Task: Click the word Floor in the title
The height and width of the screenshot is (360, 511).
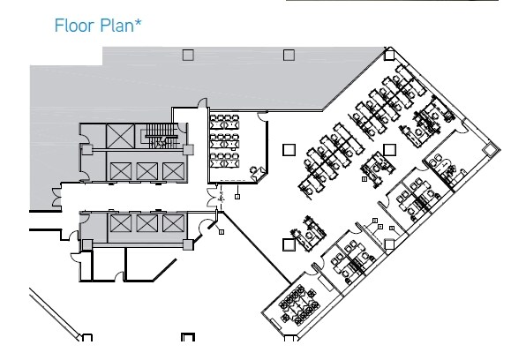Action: click(75, 26)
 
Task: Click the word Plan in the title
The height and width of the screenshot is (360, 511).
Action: click(116, 26)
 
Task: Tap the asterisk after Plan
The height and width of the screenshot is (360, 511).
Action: click(138, 22)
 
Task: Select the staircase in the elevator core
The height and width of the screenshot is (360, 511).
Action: click(162, 135)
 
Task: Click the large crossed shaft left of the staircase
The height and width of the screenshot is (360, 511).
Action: click(120, 136)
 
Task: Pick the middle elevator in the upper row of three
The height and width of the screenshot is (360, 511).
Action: click(147, 170)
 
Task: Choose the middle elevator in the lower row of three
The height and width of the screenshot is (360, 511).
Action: click(147, 223)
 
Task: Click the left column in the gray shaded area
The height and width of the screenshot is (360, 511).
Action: click(188, 55)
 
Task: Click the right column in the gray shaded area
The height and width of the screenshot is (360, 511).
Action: click(289, 55)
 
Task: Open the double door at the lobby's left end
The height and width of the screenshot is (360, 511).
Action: click(56, 197)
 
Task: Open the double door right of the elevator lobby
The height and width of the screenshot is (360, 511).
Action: click(212, 197)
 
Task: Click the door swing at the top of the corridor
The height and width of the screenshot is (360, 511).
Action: click(202, 102)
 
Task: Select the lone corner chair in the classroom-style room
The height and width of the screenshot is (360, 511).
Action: click(257, 173)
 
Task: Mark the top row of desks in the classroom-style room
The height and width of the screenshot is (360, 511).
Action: click(224, 122)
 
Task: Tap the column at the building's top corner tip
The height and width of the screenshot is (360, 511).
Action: click(389, 55)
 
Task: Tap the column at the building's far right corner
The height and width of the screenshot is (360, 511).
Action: click(489, 150)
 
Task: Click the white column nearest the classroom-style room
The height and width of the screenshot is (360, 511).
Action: click(289, 150)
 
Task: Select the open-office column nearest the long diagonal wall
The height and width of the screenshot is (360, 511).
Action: click(289, 244)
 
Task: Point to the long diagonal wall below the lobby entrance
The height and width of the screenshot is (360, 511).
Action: click(256, 248)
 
